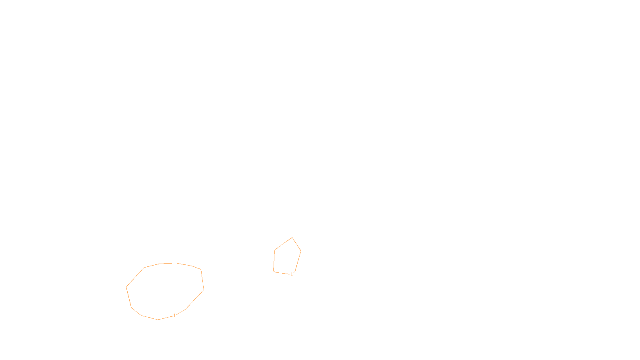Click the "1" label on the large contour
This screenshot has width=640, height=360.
(x=174, y=316)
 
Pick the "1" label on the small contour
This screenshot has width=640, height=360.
(x=292, y=274)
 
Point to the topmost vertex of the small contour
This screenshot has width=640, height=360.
(x=292, y=238)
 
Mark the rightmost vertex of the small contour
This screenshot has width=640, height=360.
(x=301, y=251)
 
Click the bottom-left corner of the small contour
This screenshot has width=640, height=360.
(x=274, y=271)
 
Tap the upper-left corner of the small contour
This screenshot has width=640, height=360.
(x=275, y=250)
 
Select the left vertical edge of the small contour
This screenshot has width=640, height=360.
(x=274, y=261)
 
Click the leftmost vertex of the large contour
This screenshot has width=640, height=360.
(x=126, y=287)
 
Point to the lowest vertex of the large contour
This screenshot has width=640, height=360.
(x=158, y=320)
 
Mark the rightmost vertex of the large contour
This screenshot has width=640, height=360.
(x=204, y=290)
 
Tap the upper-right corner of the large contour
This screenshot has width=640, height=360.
(x=201, y=270)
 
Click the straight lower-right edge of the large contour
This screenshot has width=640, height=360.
(x=195, y=299)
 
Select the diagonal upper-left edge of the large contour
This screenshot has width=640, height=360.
(x=135, y=277)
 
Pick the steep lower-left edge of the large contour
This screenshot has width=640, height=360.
(x=129, y=297)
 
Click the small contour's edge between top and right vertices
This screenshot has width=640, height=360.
(x=297, y=244)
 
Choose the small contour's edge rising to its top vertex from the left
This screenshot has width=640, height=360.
(x=284, y=244)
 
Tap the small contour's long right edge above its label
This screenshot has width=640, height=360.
(x=298, y=261)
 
